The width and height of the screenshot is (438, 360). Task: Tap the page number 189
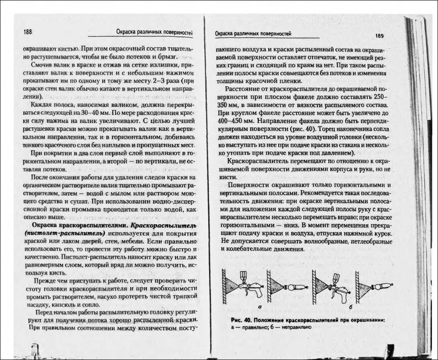(379, 35)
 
